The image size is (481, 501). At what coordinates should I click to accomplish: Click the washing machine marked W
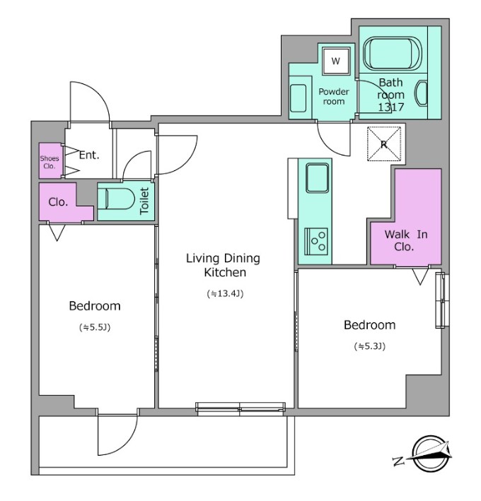click(x=336, y=60)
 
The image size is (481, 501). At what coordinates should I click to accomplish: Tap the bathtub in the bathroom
click(x=393, y=53)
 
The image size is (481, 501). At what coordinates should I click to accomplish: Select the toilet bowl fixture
click(x=117, y=199)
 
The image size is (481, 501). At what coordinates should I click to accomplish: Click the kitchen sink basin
click(x=317, y=178)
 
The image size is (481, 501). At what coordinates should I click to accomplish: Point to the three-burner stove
click(x=316, y=241)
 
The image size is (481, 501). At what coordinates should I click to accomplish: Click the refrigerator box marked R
click(x=384, y=143)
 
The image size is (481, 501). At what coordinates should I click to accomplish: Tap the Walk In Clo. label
click(x=406, y=240)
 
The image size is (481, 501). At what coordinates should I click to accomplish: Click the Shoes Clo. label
click(x=50, y=162)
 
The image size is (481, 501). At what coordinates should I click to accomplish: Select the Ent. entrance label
click(x=89, y=155)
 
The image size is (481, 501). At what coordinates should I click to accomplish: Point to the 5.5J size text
click(x=95, y=327)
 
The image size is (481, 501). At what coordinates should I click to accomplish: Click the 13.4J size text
click(x=225, y=293)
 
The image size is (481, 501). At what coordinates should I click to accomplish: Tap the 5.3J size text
click(x=370, y=346)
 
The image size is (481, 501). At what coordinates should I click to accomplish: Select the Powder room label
click(x=334, y=97)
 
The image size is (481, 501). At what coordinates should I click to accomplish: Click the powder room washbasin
click(x=298, y=98)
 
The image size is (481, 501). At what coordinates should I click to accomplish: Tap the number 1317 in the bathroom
click(x=390, y=107)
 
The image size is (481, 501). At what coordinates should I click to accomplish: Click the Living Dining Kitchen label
click(x=224, y=265)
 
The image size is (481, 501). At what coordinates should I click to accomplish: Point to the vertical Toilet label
click(x=144, y=201)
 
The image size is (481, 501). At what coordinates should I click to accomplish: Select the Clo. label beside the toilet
click(x=58, y=202)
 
